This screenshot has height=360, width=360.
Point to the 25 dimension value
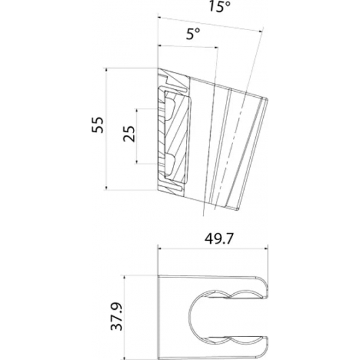(128, 135)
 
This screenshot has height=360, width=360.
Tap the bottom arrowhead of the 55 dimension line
(106, 190)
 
